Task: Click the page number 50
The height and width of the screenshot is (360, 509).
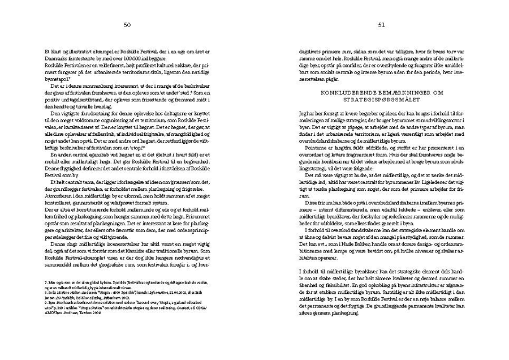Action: click(127, 25)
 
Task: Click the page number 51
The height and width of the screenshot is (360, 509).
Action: click(382, 25)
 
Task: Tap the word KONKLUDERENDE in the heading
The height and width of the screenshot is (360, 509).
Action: click(351, 92)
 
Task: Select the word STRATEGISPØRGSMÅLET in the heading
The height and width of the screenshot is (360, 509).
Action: click(382, 98)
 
